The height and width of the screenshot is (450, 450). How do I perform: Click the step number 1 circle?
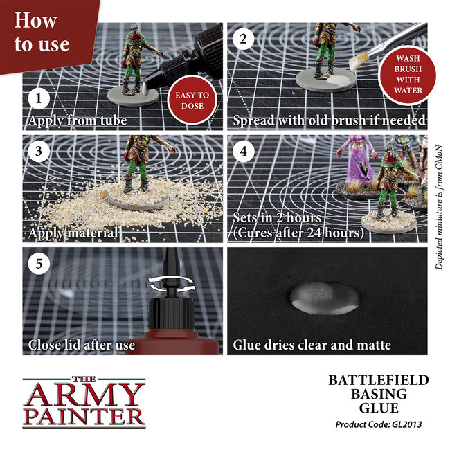point(39,98)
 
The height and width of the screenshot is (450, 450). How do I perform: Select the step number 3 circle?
point(38,150)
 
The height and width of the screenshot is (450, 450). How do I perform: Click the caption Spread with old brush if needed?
point(329,120)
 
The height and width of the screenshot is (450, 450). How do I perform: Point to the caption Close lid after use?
point(82,345)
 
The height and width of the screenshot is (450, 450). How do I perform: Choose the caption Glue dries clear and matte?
point(312,345)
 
